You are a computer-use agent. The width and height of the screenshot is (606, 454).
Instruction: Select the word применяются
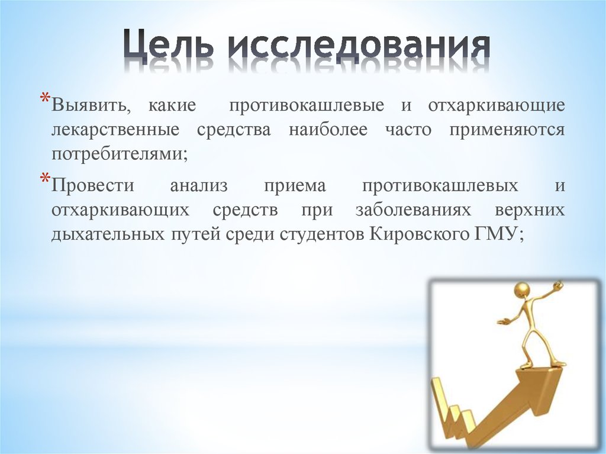point(507,130)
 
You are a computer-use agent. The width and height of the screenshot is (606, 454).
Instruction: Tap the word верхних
point(530,210)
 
